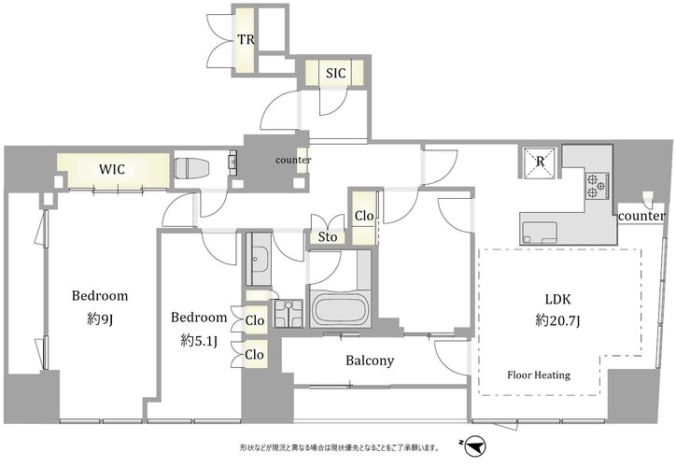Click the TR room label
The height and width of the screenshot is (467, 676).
(246, 39)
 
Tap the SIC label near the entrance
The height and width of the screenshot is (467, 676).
(335, 73)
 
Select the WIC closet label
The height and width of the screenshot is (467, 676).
(112, 169)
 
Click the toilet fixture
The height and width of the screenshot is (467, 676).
(191, 168)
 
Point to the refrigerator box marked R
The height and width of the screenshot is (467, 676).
(540, 163)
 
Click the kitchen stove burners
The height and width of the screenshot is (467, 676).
(597, 186)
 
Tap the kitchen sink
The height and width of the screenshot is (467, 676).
(540, 233)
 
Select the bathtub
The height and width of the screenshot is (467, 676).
(339, 308)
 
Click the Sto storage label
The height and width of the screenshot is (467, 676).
(328, 236)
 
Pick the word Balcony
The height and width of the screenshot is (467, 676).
(370, 361)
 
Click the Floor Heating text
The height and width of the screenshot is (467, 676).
(539, 375)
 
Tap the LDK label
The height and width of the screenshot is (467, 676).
(557, 299)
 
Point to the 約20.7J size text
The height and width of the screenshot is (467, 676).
(557, 320)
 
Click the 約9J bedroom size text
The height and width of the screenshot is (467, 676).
(100, 318)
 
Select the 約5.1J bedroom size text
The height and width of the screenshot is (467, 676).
(199, 341)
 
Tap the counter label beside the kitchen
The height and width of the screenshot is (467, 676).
(641, 216)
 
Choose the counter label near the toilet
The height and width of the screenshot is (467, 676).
(293, 160)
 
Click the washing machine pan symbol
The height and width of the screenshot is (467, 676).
(288, 314)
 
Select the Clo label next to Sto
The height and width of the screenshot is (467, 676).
(364, 215)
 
